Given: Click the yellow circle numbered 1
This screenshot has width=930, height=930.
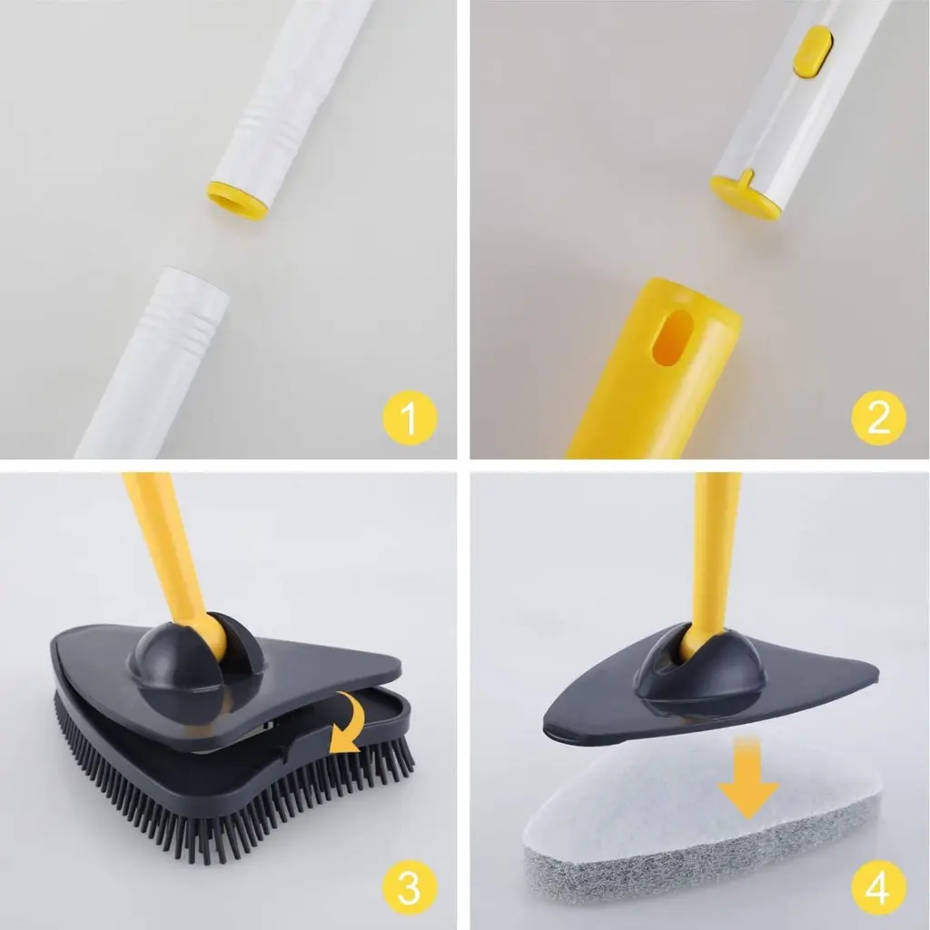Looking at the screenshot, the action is [410, 418].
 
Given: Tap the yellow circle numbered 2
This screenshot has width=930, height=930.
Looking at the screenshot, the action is [878, 418].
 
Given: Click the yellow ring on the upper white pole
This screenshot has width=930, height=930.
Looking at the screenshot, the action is [236, 201].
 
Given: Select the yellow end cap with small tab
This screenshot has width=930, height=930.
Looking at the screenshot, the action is [747, 193].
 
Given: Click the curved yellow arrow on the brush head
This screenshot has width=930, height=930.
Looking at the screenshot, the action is [347, 724].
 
